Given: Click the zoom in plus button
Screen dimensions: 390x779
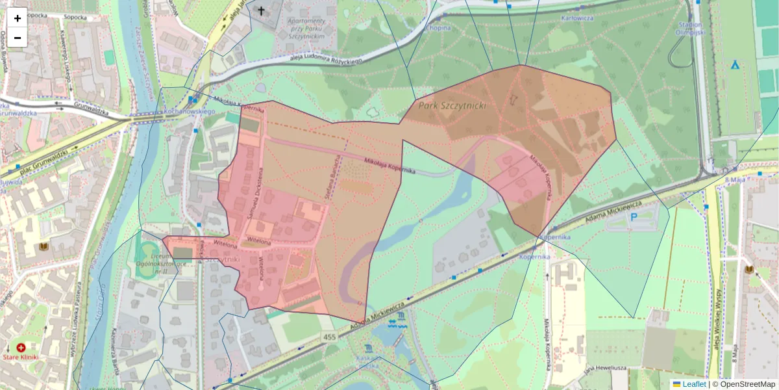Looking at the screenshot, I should pos(18,18).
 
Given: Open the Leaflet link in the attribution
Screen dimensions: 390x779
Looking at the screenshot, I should pos(694,384).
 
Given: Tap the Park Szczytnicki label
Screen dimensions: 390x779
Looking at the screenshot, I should pos(452,105).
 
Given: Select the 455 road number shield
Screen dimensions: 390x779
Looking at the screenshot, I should pos(329,337).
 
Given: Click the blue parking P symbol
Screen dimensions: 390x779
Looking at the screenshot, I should pos(634,216).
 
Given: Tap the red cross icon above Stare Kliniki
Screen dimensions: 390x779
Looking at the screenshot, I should pos(21,348).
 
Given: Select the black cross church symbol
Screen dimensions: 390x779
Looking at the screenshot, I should pos(262,11).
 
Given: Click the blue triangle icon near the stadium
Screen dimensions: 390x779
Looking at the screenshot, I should pos(736,64).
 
